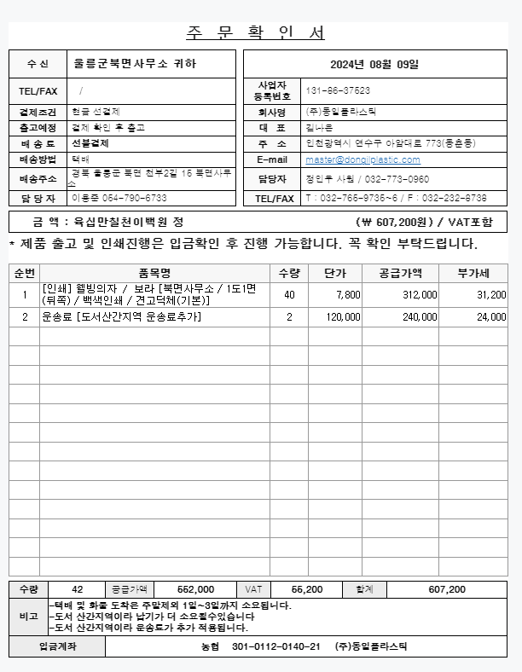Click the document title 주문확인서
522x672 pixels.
click(x=255, y=33)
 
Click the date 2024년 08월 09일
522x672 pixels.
click(x=374, y=64)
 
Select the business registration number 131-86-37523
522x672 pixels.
click(x=337, y=91)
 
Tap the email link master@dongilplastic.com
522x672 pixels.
click(x=362, y=159)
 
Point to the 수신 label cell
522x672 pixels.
click(x=38, y=64)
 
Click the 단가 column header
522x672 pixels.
click(x=334, y=273)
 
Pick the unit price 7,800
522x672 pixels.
click(x=348, y=294)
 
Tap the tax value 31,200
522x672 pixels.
click(x=491, y=294)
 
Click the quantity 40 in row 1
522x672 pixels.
click(x=289, y=294)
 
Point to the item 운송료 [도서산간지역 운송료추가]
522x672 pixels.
click(x=121, y=316)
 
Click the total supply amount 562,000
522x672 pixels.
click(x=195, y=589)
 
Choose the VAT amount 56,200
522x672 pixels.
click(x=307, y=589)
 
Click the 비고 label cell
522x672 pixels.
click(x=28, y=617)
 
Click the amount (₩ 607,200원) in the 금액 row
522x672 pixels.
click(x=399, y=222)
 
